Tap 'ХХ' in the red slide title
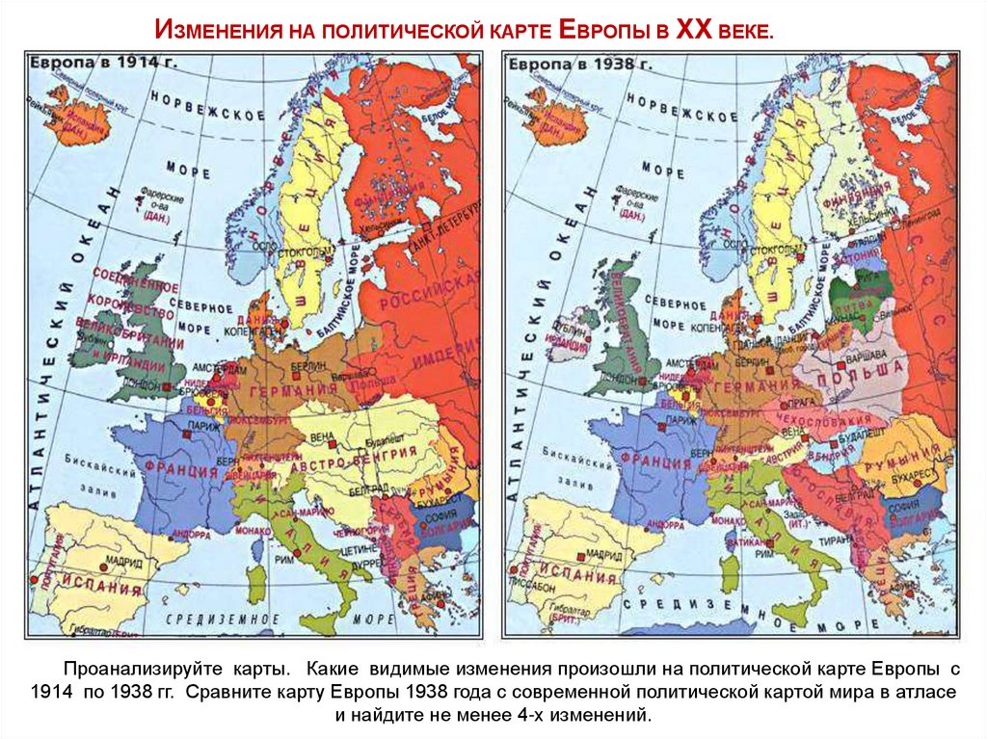[691, 32]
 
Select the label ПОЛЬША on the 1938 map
[867, 371]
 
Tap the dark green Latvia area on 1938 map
[857, 289]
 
